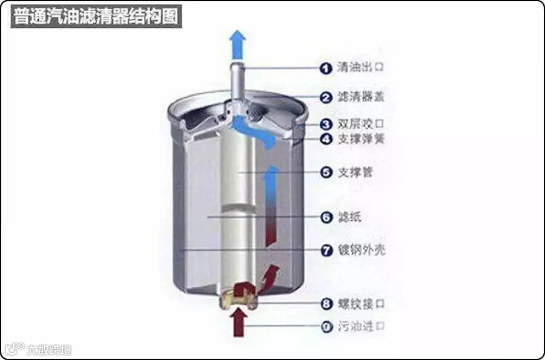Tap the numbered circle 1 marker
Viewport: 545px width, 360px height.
[327, 68]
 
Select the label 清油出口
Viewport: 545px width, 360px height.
[361, 68]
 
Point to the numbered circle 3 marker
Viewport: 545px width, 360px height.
[327, 125]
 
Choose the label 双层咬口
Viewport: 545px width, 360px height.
[361, 125]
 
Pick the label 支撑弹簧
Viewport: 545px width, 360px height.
[361, 139]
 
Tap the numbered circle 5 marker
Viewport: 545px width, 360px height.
[327, 172]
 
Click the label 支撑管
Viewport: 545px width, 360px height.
[356, 172]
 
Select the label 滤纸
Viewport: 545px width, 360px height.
[350, 217]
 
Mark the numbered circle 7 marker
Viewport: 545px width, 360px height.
[327, 249]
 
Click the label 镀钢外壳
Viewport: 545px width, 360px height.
[361, 249]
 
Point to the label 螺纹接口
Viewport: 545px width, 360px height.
[361, 303]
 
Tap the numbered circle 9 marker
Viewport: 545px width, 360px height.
[327, 327]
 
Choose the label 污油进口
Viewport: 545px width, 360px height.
[361, 327]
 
